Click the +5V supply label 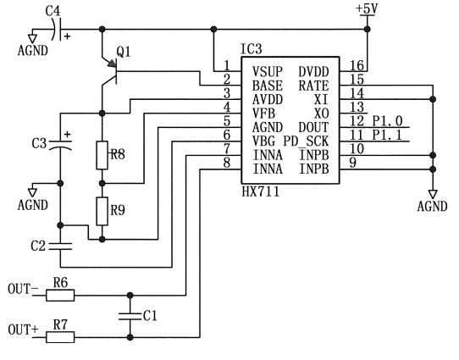(x=367, y=8)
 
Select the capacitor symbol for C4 (x=58, y=30)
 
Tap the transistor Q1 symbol (x=112, y=71)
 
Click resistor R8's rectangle (x=102, y=155)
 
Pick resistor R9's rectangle (x=102, y=211)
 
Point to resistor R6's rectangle (x=60, y=296)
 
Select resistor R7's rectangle (x=60, y=337)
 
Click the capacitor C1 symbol (x=130, y=316)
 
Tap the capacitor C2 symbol (x=60, y=246)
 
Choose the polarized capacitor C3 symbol (x=60, y=144)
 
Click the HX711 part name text (x=261, y=192)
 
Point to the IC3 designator (x=252, y=49)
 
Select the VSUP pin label (x=268, y=72)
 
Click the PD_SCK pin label (x=306, y=141)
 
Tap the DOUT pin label (x=313, y=127)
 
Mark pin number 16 (x=357, y=65)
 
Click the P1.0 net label (x=387, y=121)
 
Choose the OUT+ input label (x=23, y=330)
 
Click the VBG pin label (x=263, y=141)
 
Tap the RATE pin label (x=313, y=86)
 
